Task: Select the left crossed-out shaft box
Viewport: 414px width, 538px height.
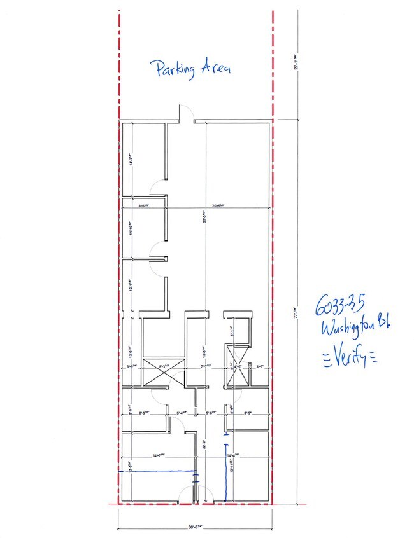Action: [x=159, y=372]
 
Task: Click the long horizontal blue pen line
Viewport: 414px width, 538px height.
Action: [x=157, y=471]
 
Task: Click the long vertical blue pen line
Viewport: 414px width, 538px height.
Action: [x=227, y=471]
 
